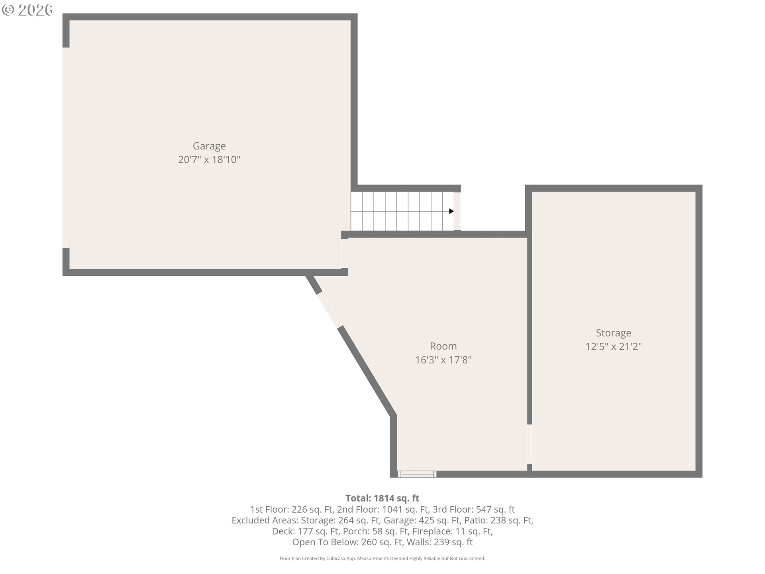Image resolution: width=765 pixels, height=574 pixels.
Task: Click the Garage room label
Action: tap(209, 146)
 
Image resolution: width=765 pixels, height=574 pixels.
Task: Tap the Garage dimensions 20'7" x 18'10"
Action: tap(209, 160)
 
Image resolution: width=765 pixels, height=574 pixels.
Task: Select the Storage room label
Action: tap(614, 333)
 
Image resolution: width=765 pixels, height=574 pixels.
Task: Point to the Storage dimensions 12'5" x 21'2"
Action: tap(614, 346)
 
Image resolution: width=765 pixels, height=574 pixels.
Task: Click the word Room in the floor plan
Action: tap(443, 346)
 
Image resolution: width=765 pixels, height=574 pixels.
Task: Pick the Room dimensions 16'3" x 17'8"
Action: tap(443, 360)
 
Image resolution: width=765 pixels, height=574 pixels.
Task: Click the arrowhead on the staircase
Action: tap(451, 211)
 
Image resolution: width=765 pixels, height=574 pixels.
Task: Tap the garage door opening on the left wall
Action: tap(66, 148)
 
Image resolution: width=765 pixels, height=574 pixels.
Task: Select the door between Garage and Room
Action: tap(345, 254)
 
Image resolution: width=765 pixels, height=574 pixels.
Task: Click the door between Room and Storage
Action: tap(530, 444)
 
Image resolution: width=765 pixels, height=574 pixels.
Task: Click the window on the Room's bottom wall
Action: tap(417, 474)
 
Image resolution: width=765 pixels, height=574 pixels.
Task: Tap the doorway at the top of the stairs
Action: tap(457, 211)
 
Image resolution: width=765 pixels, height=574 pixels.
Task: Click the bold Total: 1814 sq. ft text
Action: tap(382, 498)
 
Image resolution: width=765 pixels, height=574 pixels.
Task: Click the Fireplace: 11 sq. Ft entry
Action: tap(452, 531)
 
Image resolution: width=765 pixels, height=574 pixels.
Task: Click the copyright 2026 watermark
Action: tap(27, 10)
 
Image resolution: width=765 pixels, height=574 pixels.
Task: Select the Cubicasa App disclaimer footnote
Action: tap(382, 558)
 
